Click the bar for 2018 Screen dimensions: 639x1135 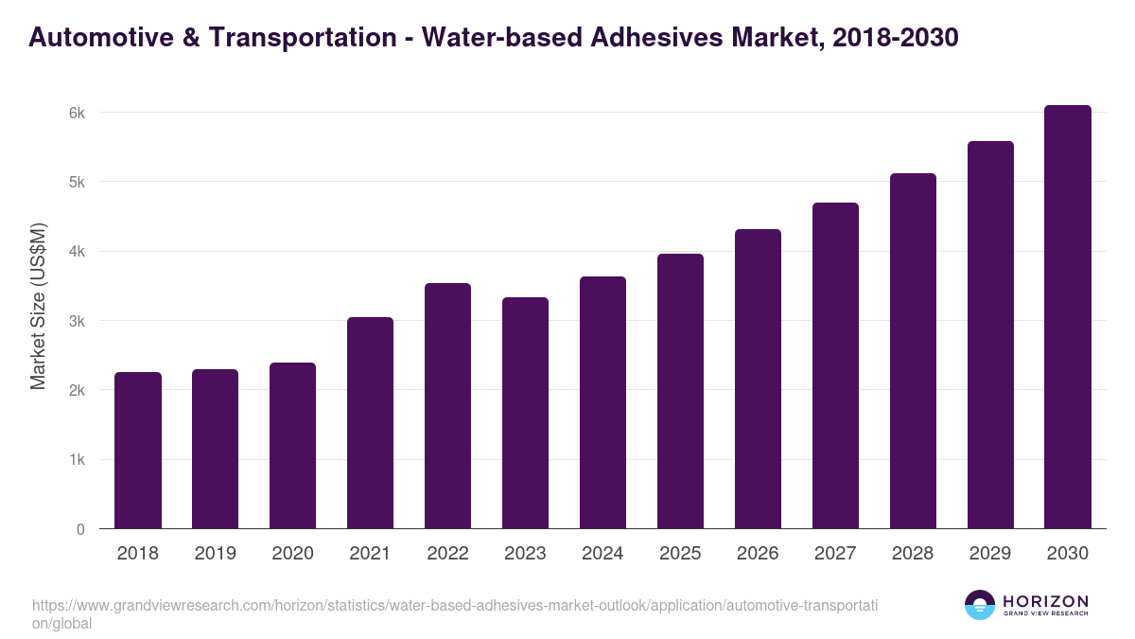pyautogui.click(x=138, y=451)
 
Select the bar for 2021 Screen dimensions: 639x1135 pyautogui.click(x=370, y=423)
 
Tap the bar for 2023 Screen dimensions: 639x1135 pyautogui.click(x=525, y=414)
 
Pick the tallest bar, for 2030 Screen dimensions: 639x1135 pyautogui.click(x=1068, y=317)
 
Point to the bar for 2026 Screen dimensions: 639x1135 pyautogui.click(x=758, y=379)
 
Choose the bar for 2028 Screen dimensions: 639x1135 pyautogui.click(x=913, y=351)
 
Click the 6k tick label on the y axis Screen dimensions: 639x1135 pyautogui.click(x=77, y=113)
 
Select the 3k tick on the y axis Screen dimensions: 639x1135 pyautogui.click(x=77, y=321)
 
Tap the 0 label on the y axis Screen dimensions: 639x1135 pyautogui.click(x=80, y=529)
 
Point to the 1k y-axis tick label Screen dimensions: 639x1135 pyautogui.click(x=77, y=460)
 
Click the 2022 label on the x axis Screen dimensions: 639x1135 pyautogui.click(x=447, y=554)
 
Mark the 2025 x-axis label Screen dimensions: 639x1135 pyautogui.click(x=680, y=554)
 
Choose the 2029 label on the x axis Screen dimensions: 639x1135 pyautogui.click(x=990, y=554)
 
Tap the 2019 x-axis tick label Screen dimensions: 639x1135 pyautogui.click(x=215, y=554)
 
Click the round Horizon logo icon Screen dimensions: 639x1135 pyautogui.click(x=980, y=605)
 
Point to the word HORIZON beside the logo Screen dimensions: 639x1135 pyautogui.click(x=1045, y=601)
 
